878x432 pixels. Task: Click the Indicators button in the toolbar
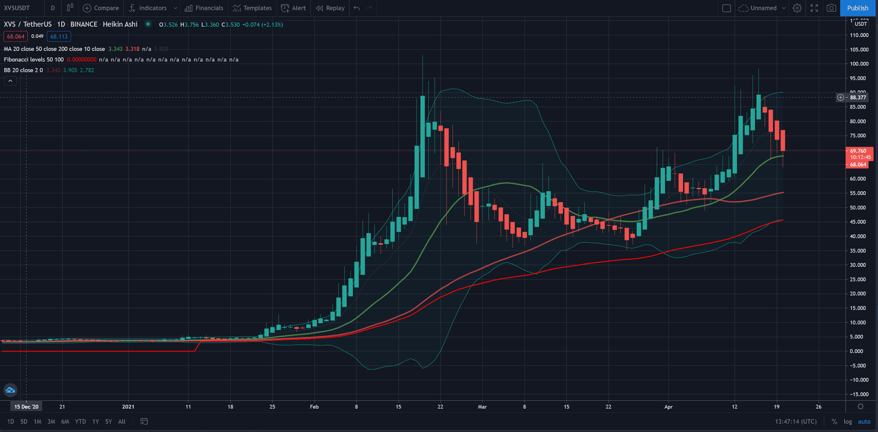coord(148,8)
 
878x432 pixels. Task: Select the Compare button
coord(101,8)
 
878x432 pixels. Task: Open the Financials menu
coord(204,8)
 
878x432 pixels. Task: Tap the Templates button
coord(252,8)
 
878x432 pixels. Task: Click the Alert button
coord(294,8)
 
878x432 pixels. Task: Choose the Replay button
coord(330,8)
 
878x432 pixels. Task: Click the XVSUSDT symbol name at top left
coord(17,8)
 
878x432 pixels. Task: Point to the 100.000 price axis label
coord(859,64)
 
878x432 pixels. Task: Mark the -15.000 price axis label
coord(859,394)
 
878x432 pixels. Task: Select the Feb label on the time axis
coord(314,407)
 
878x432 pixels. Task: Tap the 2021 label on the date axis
coord(128,407)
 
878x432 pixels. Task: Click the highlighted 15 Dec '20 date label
coord(26,407)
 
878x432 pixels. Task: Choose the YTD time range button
coord(80,422)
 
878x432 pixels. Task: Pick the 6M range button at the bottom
coord(65,422)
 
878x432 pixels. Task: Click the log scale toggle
coord(848,422)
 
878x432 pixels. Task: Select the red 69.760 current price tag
coord(858,151)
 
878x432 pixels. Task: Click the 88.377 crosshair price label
coord(858,97)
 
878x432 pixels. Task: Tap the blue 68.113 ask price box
coord(59,36)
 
